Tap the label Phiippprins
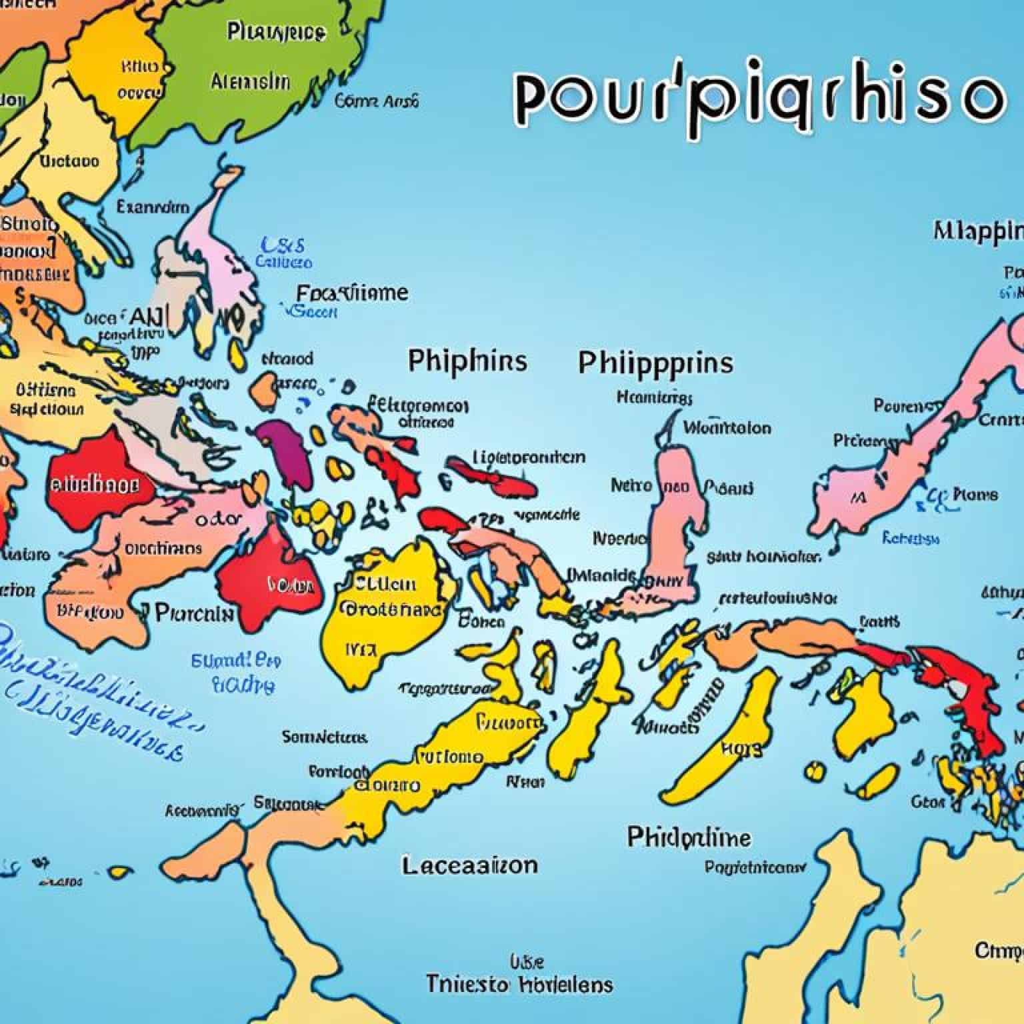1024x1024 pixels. (x=655, y=363)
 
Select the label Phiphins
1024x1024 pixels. (x=467, y=361)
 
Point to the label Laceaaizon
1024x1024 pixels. (x=469, y=866)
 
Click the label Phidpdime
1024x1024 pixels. (x=689, y=837)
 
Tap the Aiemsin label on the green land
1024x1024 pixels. (x=250, y=82)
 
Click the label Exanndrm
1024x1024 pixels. (x=153, y=207)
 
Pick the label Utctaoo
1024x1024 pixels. (x=69, y=161)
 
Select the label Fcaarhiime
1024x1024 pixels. (x=352, y=293)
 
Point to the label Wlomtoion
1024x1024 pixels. (x=727, y=427)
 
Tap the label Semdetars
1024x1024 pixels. (x=324, y=737)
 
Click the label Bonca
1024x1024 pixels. (x=481, y=622)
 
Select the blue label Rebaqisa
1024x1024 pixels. (x=911, y=538)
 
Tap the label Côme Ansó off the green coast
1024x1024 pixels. (x=377, y=101)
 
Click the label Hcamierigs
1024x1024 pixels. (x=655, y=398)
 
